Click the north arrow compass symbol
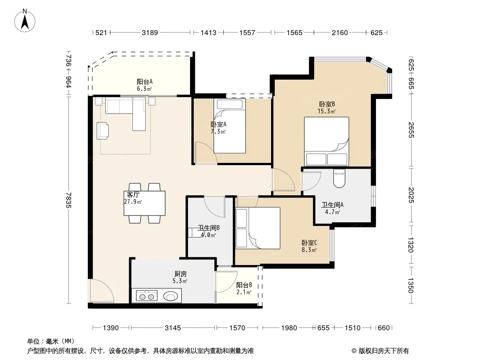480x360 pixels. pos(25,20)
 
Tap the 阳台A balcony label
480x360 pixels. pos(145,81)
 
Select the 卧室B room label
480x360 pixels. pos(327,104)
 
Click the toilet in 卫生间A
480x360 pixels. pos(339,178)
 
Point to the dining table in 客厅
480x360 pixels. pos(145,203)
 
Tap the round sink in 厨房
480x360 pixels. pos(170,296)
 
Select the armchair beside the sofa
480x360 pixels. pos(103,131)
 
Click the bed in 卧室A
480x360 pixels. pos(230,126)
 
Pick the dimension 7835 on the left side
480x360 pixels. pos(68,200)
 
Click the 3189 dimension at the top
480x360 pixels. pos(149,32)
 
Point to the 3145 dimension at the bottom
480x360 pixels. pos(173,328)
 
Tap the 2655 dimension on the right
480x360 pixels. pos(411,130)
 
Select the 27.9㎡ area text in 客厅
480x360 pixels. pos(133,202)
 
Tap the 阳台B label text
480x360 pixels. pos(245,285)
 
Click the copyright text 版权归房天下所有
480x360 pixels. pos(383,351)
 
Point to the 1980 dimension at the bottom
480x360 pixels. pos(289,328)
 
